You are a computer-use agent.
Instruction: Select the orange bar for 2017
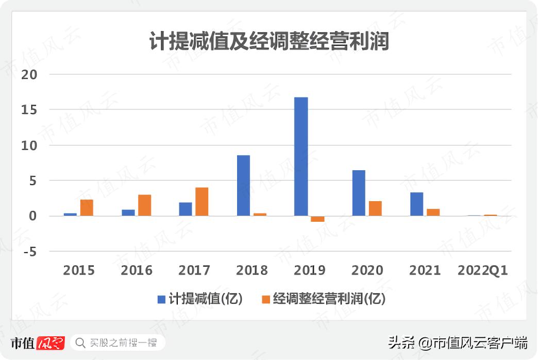201,202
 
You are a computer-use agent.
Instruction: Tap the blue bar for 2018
243,186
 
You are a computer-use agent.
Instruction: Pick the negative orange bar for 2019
317,219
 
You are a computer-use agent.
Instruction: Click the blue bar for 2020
359,193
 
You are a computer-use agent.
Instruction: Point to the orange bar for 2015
87,207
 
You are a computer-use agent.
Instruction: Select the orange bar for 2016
144,205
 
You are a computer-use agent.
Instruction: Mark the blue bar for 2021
416,204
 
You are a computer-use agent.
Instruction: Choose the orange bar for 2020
375,208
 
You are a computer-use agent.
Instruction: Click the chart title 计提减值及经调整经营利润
269,42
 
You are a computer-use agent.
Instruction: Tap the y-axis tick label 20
29,74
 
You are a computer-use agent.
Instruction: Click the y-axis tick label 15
29,110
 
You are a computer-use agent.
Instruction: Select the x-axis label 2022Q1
482,270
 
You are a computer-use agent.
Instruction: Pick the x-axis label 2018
252,270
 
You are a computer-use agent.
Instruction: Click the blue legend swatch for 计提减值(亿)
162,299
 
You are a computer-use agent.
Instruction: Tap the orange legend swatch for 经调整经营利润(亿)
266,299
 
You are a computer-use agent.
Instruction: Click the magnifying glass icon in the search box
80,342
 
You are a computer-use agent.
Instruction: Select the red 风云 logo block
51,343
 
